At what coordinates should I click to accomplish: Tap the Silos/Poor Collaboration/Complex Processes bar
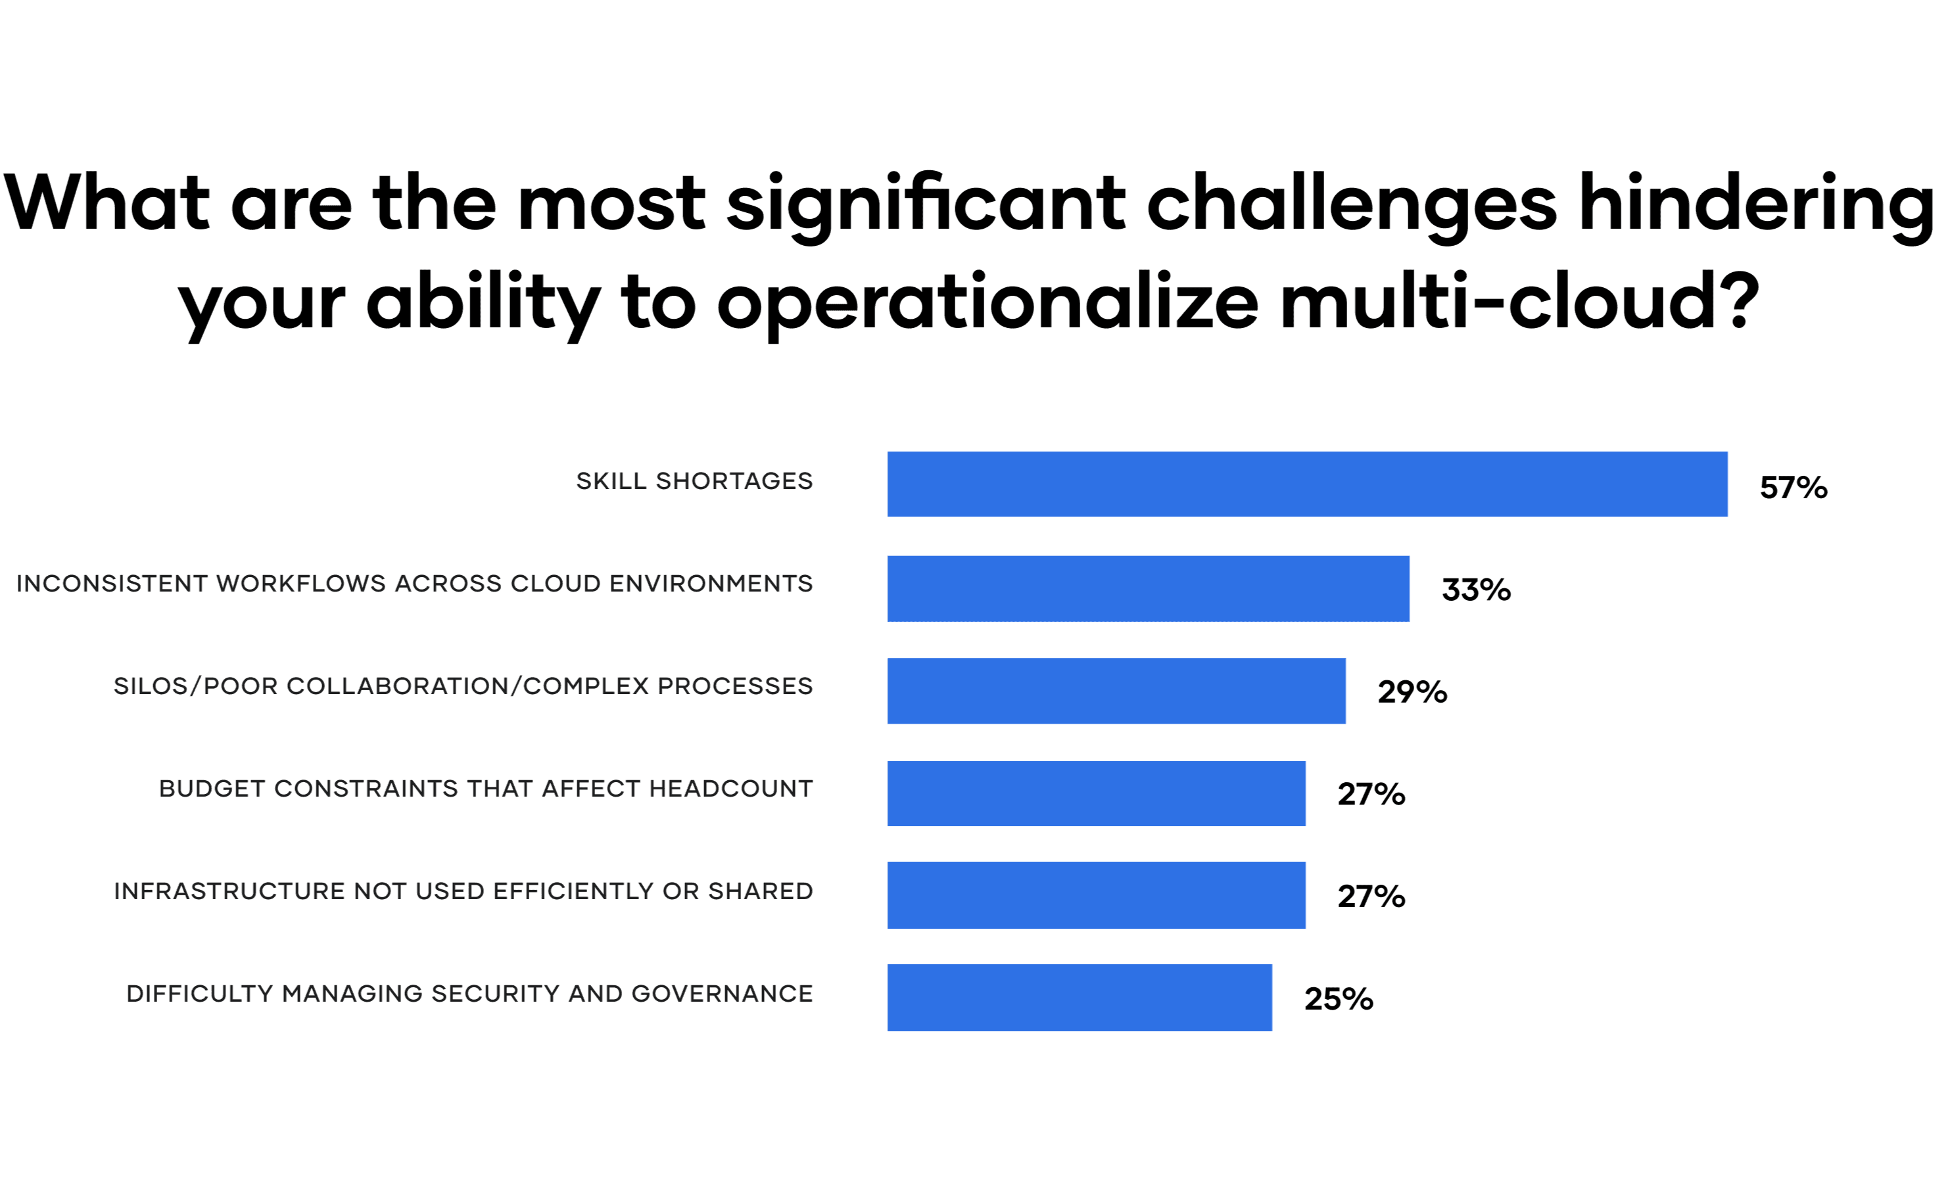(1116, 690)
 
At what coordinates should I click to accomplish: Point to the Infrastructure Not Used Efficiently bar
(1096, 895)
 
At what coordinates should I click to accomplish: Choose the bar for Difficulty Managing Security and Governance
(1080, 997)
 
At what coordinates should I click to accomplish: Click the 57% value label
(1794, 488)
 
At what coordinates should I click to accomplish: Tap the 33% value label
(1476, 590)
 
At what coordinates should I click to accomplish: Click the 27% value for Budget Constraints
(1371, 794)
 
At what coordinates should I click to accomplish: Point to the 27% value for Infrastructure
(1371, 896)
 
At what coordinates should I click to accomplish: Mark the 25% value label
(1339, 998)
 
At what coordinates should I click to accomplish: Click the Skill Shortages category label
(694, 480)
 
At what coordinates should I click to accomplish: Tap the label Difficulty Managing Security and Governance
(469, 993)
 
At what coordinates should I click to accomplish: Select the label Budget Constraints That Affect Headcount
(486, 788)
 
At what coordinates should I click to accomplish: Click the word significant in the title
(926, 204)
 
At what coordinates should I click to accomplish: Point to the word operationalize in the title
(987, 303)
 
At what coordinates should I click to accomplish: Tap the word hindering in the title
(1755, 204)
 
